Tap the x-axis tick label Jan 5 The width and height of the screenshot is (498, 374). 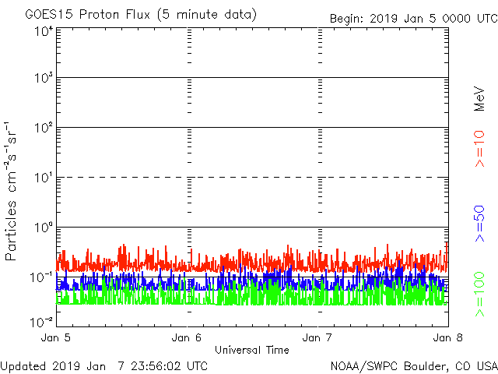point(56,337)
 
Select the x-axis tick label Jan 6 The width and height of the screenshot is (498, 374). point(188,337)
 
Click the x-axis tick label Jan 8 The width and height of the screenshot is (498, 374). point(447,337)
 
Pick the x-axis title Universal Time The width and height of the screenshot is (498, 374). point(251,350)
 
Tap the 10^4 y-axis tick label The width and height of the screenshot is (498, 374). point(44,31)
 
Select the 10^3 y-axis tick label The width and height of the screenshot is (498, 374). point(44,79)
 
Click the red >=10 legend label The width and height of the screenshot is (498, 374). point(479,149)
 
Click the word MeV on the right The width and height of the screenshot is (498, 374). point(479,98)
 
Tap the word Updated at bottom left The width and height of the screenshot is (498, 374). point(24,365)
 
